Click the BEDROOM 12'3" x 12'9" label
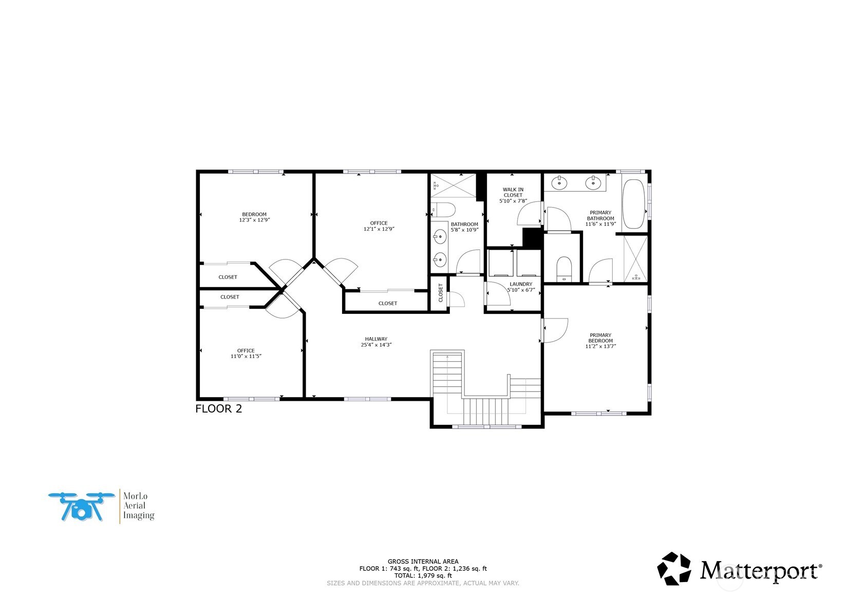254,217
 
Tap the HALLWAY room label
376,342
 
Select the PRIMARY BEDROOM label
600,341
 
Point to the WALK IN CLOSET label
513,195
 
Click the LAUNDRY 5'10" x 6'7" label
521,287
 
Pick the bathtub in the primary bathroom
633,204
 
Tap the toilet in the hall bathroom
443,209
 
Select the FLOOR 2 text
218,409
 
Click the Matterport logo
740,569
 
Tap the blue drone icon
81,507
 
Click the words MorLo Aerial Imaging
138,506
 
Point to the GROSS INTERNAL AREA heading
423,562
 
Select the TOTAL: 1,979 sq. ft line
423,576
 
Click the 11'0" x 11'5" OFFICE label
246,353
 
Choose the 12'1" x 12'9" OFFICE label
379,226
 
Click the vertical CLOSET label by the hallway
441,293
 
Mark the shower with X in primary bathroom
636,258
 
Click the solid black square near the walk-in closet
532,238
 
